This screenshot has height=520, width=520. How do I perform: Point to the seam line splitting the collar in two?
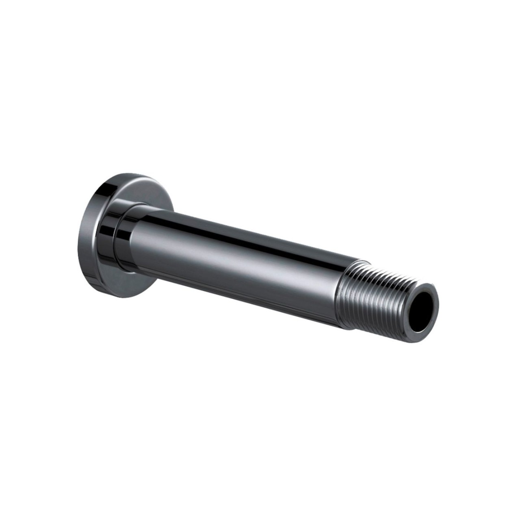click(116, 240)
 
